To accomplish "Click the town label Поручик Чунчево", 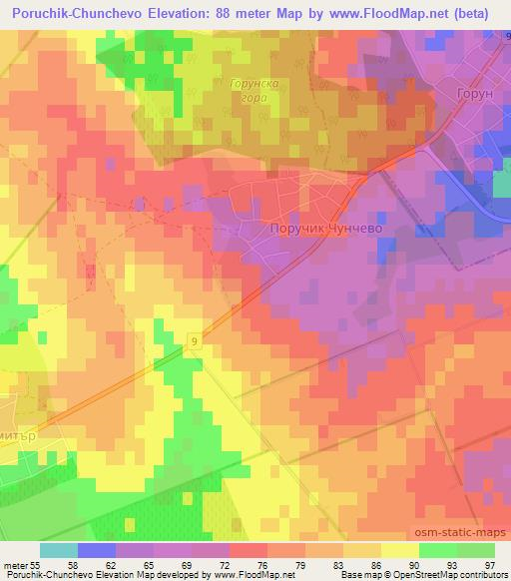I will [x=326, y=228].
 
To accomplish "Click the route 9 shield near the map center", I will [x=193, y=342].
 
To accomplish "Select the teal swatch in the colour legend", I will [x=59, y=550].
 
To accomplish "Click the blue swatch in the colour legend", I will [x=97, y=550].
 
